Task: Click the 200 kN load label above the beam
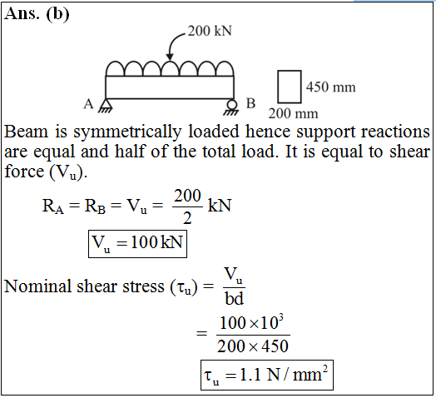coord(210,31)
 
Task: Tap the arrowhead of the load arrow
coord(170,57)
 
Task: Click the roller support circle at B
coord(232,105)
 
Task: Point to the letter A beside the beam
coord(89,104)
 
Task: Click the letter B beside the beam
coord(250,103)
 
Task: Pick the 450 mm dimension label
coord(330,87)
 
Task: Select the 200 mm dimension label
coord(293,113)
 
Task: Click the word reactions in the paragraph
coord(395,131)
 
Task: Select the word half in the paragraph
coord(130,152)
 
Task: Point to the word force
coord(24,171)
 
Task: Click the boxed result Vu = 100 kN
coord(137,243)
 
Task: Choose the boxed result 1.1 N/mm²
coord(267,375)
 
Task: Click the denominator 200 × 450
coord(253,346)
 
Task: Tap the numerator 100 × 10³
coord(251,322)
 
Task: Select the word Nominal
coord(37,286)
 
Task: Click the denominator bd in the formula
coord(234,299)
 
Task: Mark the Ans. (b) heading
coord(37,13)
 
